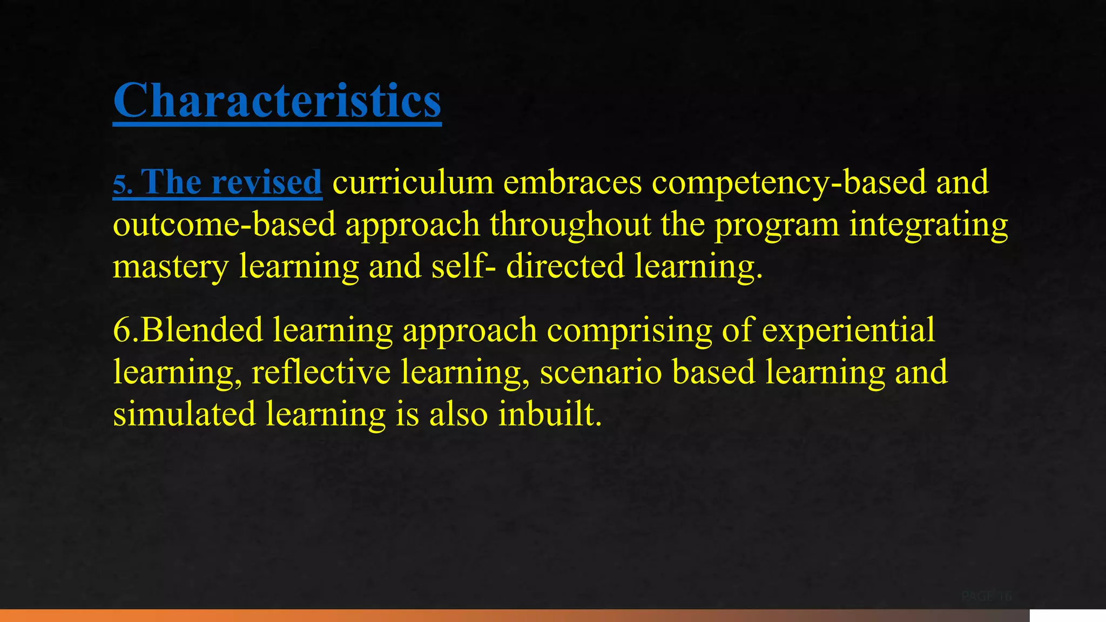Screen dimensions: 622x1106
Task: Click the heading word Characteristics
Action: pyautogui.click(x=277, y=101)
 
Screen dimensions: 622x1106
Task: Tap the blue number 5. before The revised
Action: pyautogui.click(x=122, y=184)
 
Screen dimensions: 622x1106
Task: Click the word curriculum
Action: pyautogui.click(x=413, y=182)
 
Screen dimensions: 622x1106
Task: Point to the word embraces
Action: pyautogui.click(x=572, y=182)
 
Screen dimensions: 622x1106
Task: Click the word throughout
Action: pyautogui.click(x=570, y=224)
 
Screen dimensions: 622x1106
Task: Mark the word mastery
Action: pyautogui.click(x=171, y=267)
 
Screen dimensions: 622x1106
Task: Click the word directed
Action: pyautogui.click(x=565, y=266)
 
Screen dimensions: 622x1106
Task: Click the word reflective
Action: pyautogui.click(x=321, y=372)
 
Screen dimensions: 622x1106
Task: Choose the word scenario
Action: pyautogui.click(x=601, y=372)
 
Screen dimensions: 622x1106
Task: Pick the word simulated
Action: pyautogui.click(x=184, y=414)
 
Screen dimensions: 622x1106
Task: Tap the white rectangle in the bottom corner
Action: pyautogui.click(x=1067, y=615)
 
